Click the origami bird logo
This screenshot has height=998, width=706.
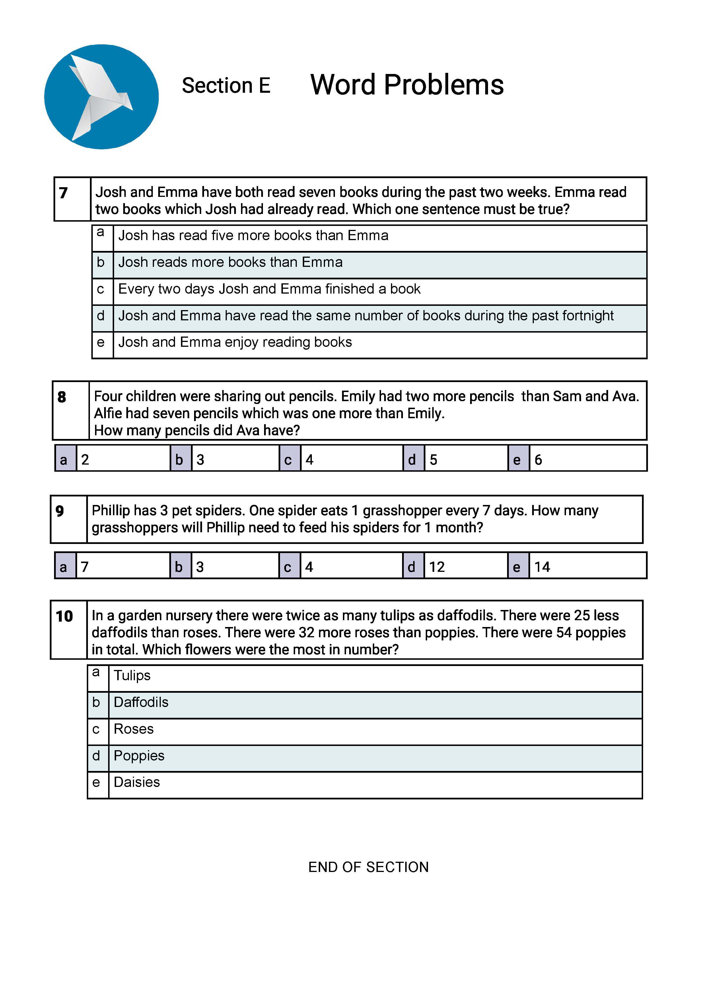(101, 96)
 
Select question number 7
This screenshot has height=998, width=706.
(63, 193)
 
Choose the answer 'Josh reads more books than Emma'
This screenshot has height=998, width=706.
(230, 263)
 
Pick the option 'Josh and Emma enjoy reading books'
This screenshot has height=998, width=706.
(235, 343)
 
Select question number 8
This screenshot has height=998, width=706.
(62, 397)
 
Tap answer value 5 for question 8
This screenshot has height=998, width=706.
(433, 459)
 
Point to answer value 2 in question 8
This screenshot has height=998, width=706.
(85, 459)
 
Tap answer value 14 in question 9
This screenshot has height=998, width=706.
(542, 567)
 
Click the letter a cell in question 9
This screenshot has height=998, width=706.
(63, 567)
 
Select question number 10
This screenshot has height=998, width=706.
(64, 616)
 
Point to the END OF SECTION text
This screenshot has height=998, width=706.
(368, 867)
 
